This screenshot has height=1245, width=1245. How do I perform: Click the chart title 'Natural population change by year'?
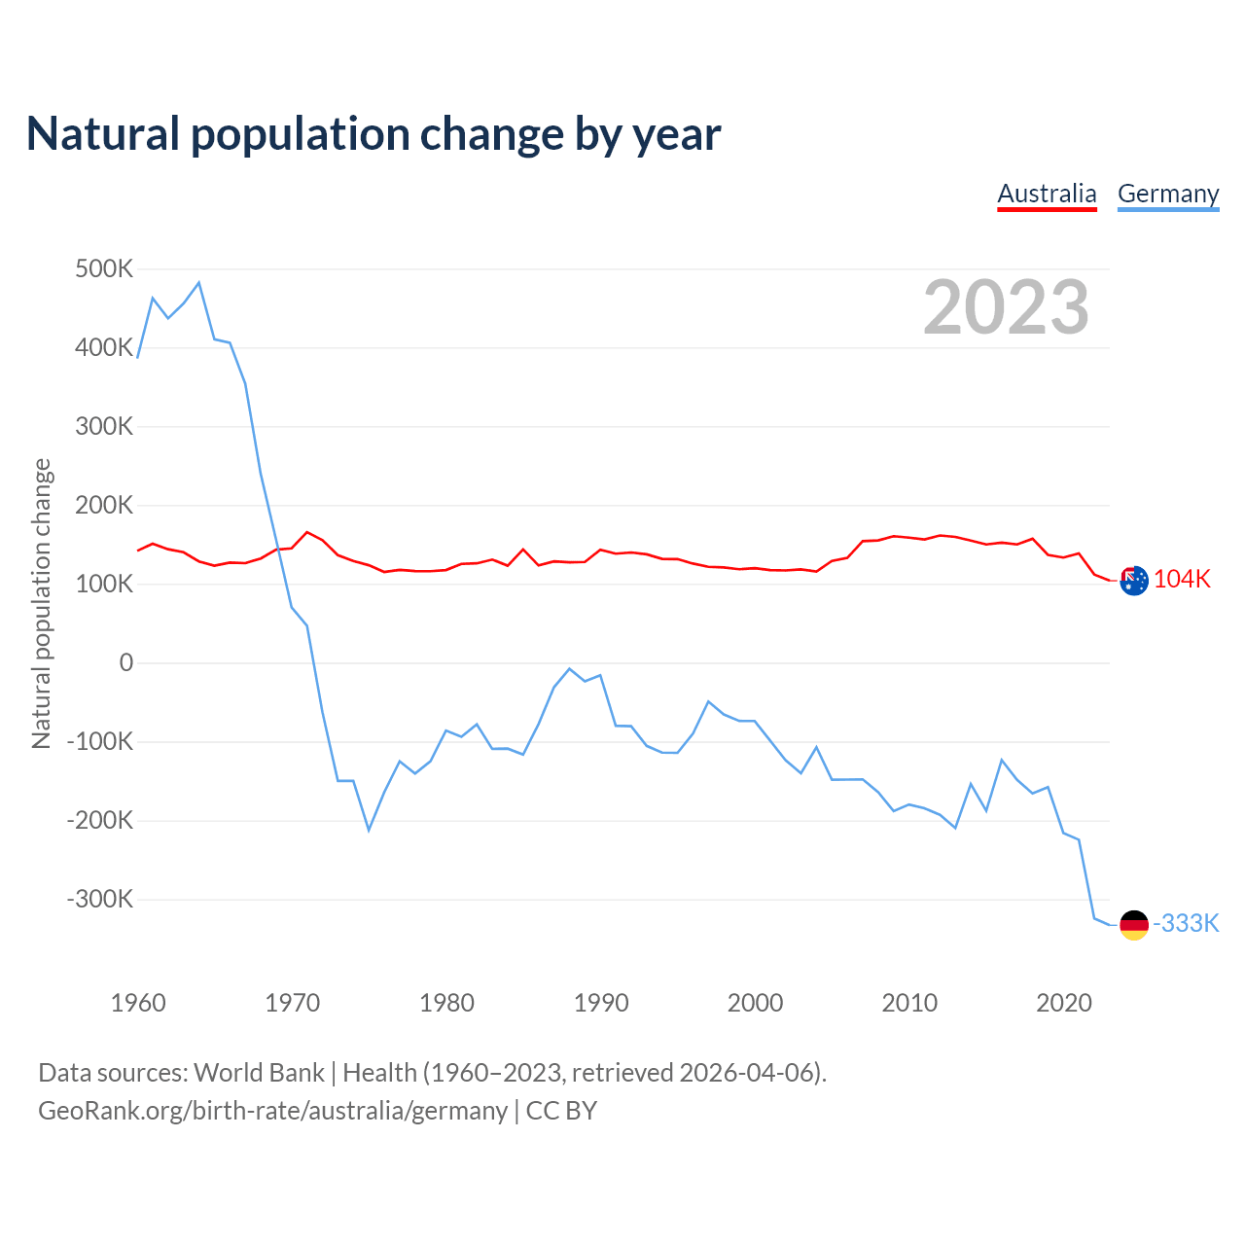click(373, 134)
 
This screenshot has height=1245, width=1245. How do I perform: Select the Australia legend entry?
click(1047, 194)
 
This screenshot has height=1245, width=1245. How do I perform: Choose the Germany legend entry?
click(1168, 194)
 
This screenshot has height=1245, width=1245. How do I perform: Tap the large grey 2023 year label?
click(1006, 307)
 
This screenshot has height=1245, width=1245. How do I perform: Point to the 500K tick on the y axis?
click(104, 269)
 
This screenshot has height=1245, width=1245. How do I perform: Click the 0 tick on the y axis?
click(126, 663)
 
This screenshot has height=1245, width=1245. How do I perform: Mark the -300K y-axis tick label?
click(100, 899)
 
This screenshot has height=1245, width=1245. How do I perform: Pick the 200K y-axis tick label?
click(104, 505)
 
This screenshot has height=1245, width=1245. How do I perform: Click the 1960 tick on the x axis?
click(138, 1003)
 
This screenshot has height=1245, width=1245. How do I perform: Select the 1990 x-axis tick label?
click(601, 1003)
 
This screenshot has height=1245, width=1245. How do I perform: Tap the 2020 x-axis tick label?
click(1064, 1003)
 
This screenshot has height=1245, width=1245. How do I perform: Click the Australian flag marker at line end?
click(1134, 581)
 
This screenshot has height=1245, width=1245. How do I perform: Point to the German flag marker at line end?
click(1134, 925)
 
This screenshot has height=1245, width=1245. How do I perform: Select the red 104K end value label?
click(1182, 580)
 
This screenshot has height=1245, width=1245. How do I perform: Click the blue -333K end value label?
click(1186, 924)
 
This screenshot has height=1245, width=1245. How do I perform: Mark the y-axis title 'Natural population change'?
click(42, 604)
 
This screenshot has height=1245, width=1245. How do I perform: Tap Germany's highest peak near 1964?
click(198, 283)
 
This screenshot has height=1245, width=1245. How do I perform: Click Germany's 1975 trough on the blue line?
click(369, 830)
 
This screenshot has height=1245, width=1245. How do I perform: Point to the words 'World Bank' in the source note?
click(259, 1073)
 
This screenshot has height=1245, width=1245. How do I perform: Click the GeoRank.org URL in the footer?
click(272, 1111)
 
